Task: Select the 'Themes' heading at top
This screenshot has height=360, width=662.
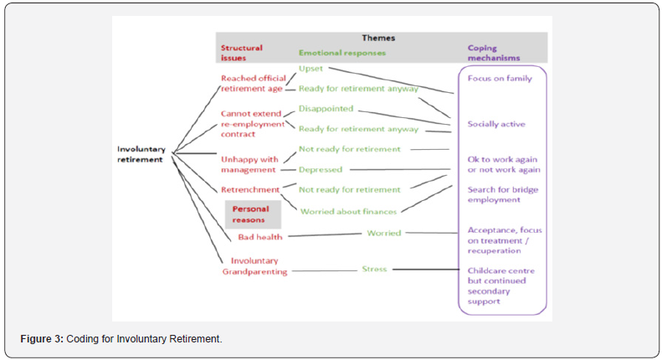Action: (378, 38)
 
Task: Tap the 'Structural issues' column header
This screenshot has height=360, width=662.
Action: (241, 53)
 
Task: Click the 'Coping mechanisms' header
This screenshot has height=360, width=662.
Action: (493, 53)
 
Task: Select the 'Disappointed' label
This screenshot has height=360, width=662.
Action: (326, 108)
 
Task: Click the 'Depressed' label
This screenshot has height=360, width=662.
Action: (321, 169)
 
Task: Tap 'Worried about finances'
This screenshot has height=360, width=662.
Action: (347, 211)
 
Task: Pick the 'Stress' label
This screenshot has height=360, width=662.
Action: (374, 269)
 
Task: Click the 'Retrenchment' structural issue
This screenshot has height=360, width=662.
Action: (249, 189)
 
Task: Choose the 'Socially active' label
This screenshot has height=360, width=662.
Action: (496, 124)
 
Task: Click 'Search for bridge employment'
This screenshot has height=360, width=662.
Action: (502, 195)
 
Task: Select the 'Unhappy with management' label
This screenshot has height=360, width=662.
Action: (248, 163)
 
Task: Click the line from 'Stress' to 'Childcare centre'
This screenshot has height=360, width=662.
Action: (427, 270)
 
